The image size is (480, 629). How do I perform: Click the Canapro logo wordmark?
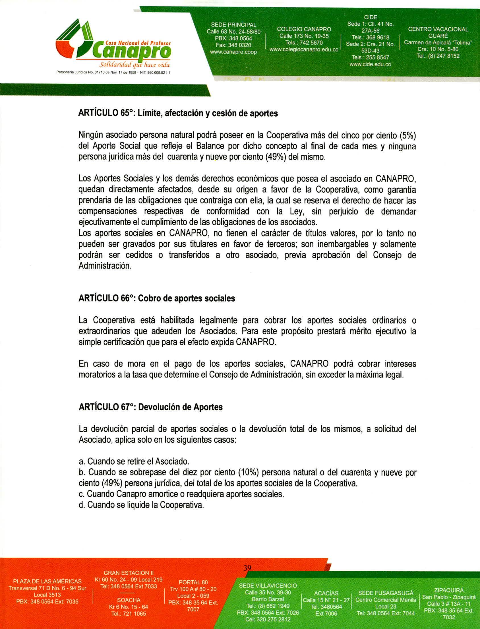[134, 52]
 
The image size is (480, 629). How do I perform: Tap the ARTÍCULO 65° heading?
[178, 114]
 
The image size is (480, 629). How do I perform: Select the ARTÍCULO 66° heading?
[157, 298]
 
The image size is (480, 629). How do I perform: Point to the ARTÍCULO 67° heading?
[151, 407]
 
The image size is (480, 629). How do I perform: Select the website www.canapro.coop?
[233, 52]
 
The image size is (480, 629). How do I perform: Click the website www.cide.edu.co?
[370, 64]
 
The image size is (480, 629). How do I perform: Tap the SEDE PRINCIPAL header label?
[233, 25]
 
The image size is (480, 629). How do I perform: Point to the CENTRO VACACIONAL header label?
[438, 29]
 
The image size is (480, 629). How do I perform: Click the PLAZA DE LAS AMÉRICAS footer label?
[47, 581]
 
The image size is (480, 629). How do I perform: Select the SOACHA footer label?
[129, 600]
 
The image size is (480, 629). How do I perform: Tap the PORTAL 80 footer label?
[193, 582]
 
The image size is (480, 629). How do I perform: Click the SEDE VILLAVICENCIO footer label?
[268, 585]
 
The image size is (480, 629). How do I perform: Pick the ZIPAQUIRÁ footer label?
[448, 590]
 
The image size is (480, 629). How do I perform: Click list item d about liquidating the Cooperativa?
[141, 505]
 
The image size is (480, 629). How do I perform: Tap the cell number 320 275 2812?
[268, 619]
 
